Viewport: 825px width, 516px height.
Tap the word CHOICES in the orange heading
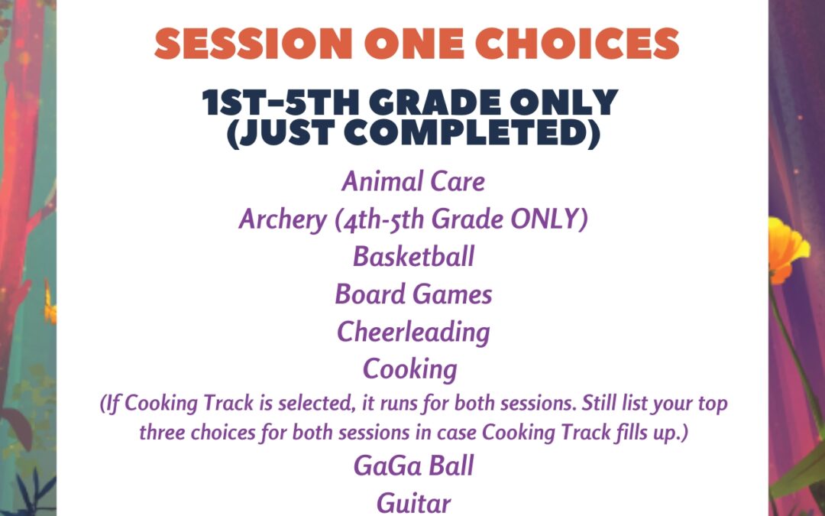point(577,43)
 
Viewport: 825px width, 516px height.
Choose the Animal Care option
point(413,182)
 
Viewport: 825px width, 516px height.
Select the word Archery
point(283,219)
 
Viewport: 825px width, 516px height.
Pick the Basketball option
point(413,256)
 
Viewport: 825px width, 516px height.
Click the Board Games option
point(413,294)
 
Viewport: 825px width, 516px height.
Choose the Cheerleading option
point(413,333)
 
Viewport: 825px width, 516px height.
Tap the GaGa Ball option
point(413,466)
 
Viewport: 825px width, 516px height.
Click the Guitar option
point(413,503)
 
